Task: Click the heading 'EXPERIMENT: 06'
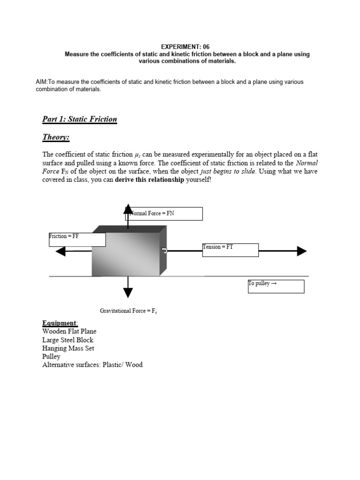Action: click(x=186, y=47)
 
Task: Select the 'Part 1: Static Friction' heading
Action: click(x=80, y=119)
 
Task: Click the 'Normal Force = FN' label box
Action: click(x=164, y=214)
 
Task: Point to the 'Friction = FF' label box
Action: click(x=77, y=240)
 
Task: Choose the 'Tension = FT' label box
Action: click(x=230, y=250)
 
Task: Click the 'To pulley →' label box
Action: click(x=276, y=286)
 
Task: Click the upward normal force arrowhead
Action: click(x=127, y=209)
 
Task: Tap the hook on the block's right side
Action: click(x=164, y=251)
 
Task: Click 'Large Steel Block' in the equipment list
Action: click(x=67, y=340)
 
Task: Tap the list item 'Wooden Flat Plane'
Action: click(x=69, y=331)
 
